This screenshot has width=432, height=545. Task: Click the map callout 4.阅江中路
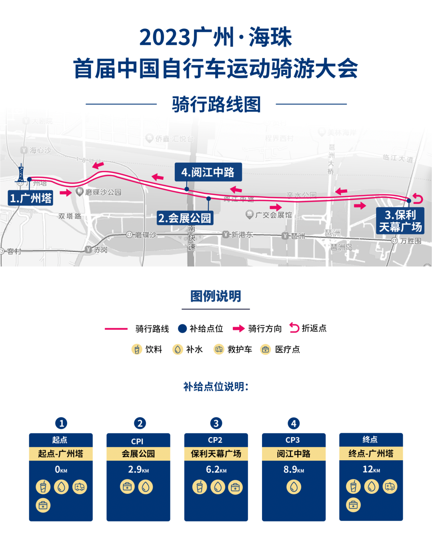(x=208, y=172)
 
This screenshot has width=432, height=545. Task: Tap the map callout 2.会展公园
(x=185, y=218)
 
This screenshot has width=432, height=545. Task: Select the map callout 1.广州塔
(x=31, y=198)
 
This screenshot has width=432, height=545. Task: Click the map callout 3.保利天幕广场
(x=400, y=221)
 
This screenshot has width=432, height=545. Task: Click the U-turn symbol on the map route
(x=418, y=198)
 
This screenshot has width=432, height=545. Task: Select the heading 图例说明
(x=216, y=296)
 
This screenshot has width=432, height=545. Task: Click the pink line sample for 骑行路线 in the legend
(x=116, y=329)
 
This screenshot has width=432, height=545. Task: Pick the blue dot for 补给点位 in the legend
(x=182, y=329)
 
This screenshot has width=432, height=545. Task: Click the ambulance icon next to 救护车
(x=219, y=349)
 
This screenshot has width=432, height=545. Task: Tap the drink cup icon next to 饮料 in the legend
(x=137, y=349)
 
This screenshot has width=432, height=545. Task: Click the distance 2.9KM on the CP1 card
(x=138, y=469)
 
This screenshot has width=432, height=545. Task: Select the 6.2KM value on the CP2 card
(x=216, y=469)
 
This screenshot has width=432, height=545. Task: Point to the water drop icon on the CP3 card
(x=294, y=487)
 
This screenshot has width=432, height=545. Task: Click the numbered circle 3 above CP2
(x=216, y=423)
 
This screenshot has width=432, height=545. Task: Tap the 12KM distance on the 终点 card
(x=371, y=469)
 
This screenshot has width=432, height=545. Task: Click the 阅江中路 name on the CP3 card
(x=294, y=454)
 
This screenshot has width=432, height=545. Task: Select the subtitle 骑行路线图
(x=216, y=105)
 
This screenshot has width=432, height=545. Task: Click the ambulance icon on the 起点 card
(x=80, y=487)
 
